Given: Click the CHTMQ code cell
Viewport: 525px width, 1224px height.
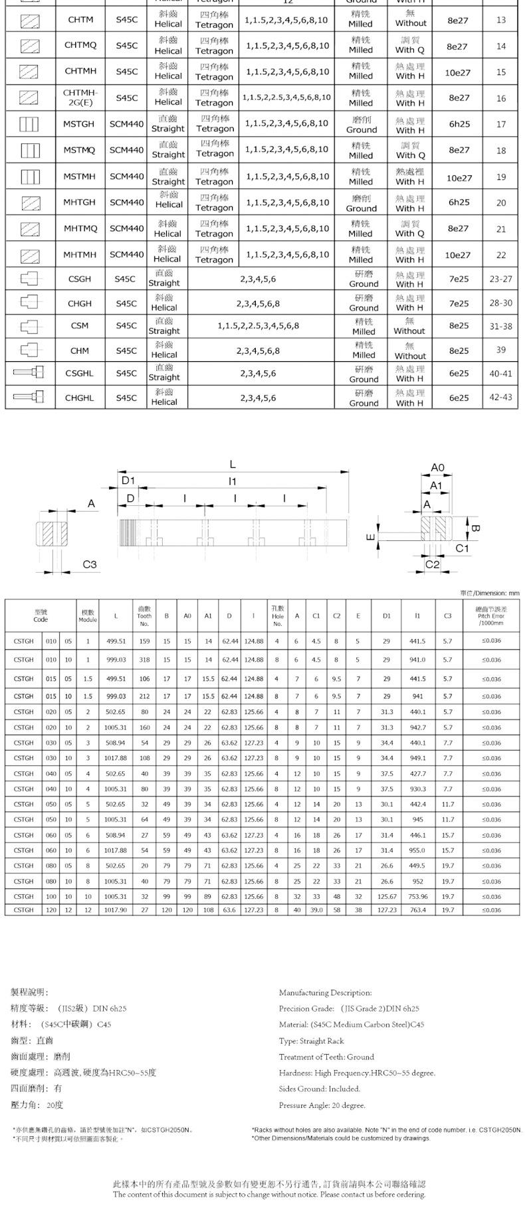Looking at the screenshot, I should [80, 46].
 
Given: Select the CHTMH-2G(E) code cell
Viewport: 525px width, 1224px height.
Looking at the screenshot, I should [80, 98].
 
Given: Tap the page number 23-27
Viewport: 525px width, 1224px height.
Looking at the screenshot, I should [501, 279].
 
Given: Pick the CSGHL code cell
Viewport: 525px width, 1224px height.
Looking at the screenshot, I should [80, 373].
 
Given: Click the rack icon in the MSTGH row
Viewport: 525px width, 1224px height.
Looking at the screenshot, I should [29, 124].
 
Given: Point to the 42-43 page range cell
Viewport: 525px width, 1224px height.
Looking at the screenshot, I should [501, 398].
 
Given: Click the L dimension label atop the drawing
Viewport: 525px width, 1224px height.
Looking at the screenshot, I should [233, 464].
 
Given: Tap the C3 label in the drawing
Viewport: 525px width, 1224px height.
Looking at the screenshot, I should [90, 564].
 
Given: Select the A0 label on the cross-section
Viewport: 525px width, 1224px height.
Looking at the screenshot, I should [437, 467].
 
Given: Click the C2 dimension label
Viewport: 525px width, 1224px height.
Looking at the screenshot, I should [433, 564].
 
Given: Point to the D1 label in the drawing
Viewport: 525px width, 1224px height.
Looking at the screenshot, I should [128, 480].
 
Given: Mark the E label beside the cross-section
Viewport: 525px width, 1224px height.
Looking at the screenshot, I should [371, 537].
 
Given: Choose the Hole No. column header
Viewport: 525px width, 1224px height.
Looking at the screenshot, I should [278, 616].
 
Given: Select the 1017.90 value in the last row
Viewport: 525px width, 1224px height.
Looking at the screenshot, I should [116, 910].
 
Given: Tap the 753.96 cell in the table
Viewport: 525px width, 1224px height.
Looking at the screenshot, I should [417, 896].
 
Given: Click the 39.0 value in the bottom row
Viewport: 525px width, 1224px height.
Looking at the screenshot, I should [316, 910].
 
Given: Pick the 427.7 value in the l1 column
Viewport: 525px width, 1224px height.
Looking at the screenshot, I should [417, 773].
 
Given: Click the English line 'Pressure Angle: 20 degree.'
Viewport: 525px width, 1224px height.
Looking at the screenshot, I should [322, 1105].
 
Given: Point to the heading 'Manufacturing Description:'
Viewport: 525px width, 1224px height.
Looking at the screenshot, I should [325, 992].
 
